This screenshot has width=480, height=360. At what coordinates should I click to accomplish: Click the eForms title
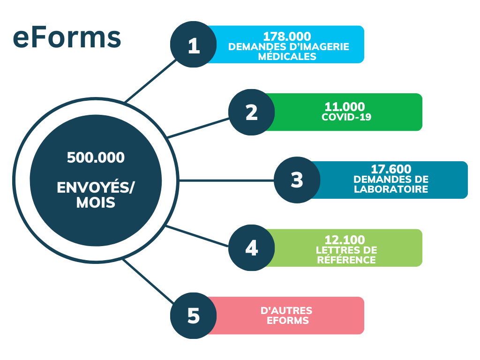[67, 38]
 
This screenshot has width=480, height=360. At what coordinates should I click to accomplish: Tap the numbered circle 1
[194, 45]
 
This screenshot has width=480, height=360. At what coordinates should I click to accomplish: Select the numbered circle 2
[252, 112]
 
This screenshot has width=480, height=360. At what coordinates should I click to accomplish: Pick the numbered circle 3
[297, 180]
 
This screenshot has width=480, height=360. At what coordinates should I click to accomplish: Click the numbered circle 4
[252, 248]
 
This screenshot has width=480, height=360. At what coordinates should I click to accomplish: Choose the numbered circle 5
[194, 315]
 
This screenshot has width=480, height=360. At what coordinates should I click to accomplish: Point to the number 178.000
[287, 37]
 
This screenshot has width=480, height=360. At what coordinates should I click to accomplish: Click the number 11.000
[345, 107]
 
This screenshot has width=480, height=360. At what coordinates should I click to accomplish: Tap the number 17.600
[391, 169]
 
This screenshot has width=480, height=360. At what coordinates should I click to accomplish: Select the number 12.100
[345, 240]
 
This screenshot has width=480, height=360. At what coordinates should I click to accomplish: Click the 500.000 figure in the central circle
[96, 157]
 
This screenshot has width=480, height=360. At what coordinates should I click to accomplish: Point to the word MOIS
[96, 202]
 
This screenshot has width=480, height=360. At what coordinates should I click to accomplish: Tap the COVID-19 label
[346, 117]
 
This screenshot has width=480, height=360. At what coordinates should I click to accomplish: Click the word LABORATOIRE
[391, 189]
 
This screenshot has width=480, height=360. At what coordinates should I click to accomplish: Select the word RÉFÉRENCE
[346, 260]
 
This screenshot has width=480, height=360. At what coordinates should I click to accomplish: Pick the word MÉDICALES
[287, 57]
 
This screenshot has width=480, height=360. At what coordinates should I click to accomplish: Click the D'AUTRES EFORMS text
[286, 315]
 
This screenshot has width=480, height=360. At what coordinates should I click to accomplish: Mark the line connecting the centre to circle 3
[226, 180]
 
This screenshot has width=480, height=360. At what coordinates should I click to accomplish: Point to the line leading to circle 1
[150, 81]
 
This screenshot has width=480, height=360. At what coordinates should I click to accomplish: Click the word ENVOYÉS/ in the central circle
[96, 187]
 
